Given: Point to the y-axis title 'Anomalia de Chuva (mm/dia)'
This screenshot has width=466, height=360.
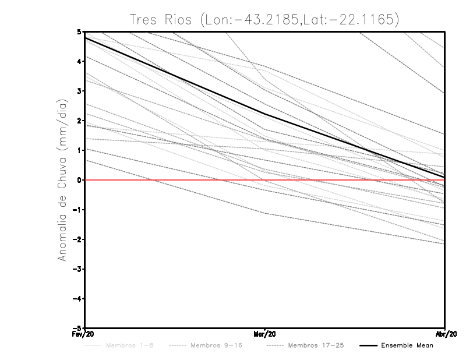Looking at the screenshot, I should click(62, 181).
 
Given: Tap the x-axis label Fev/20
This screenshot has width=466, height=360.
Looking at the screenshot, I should click(84, 334).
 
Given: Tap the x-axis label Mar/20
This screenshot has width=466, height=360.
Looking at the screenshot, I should click(265, 334).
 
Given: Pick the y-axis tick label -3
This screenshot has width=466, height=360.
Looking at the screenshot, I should click(76, 269).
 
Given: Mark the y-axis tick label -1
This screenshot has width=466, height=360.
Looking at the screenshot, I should click(76, 210).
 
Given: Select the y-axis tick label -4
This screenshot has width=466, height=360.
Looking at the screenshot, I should click(76, 299).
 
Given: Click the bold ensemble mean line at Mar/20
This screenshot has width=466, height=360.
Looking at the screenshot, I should click(265, 115).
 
